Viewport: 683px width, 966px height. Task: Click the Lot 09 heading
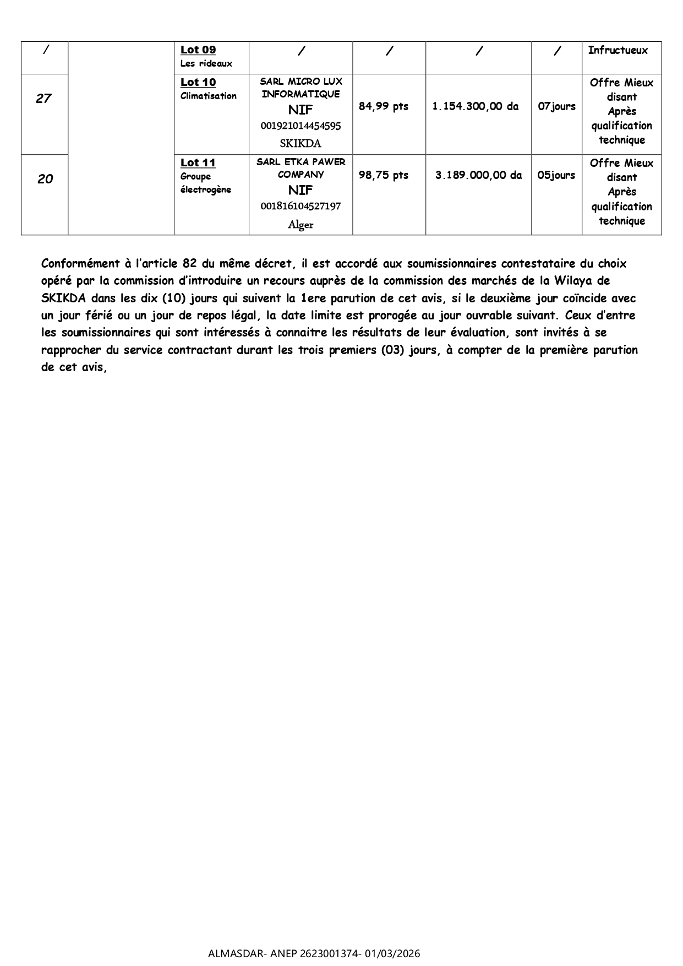198,50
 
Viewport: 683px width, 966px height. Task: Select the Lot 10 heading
198,83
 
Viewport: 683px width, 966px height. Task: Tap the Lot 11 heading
198,163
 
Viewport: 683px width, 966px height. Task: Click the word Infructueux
618,51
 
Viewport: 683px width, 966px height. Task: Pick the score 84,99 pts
384,107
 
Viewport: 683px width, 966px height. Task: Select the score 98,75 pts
384,176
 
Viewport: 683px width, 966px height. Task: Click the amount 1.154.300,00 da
476,107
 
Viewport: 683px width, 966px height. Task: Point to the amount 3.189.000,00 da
478,176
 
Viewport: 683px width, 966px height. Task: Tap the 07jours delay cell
556,107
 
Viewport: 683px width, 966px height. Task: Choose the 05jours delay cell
556,176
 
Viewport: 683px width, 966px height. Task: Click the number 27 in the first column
43,99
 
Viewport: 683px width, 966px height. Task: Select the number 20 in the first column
45,179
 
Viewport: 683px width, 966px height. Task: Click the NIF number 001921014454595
300,126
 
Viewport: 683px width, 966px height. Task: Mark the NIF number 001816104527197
300,207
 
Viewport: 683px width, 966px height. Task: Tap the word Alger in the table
300,225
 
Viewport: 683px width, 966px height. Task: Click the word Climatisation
209,96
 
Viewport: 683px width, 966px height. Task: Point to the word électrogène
206,190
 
